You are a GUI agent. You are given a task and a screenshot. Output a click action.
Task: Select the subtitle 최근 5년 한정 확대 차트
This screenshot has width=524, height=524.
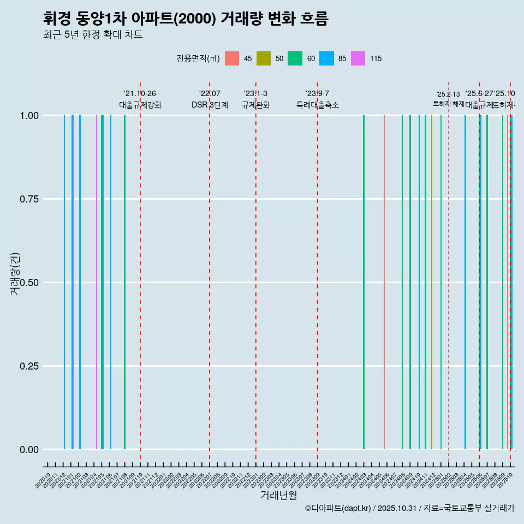93,35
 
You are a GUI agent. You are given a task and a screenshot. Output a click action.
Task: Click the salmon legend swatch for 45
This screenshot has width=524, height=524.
232,58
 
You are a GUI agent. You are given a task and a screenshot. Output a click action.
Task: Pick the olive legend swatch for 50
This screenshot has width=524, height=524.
264,58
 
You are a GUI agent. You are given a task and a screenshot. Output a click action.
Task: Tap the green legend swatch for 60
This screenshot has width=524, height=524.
295,58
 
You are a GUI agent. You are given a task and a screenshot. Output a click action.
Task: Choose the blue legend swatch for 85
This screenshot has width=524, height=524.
326,58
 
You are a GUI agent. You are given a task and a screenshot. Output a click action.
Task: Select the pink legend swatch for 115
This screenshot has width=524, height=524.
358,58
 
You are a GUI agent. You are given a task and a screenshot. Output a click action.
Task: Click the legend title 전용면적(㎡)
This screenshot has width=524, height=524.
198,58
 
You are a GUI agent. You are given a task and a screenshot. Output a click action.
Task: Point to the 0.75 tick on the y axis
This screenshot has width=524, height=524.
28,199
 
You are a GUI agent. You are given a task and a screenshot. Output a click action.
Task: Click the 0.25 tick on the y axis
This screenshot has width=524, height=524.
28,366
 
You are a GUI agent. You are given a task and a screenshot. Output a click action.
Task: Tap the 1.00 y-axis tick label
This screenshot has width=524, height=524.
28,116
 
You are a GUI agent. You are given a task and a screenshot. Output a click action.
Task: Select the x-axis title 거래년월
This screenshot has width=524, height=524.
278,495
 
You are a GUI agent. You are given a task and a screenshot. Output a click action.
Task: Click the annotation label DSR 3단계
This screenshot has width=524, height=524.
210,105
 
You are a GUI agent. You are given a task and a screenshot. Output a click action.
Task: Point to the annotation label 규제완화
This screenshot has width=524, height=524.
256,105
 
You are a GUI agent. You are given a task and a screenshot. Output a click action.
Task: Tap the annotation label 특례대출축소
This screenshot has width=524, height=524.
318,105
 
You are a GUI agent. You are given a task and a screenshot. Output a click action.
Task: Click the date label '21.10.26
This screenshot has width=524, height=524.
140,93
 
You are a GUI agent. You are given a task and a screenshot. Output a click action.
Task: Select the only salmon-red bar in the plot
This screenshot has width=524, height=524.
384,282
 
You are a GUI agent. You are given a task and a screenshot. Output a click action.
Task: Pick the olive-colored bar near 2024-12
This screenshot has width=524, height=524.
432,282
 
